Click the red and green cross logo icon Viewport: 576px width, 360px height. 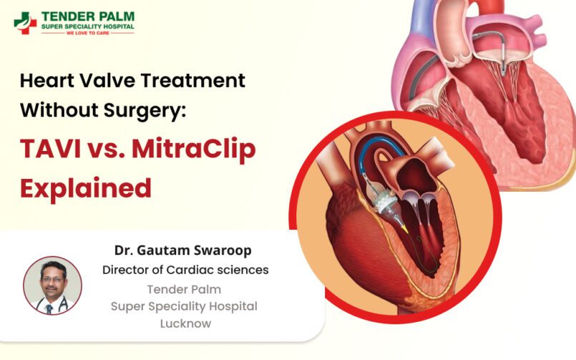coord(25,23)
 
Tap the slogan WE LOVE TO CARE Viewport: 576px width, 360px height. coord(87,33)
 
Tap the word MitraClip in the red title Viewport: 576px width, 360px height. coord(194,150)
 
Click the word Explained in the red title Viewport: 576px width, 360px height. coord(86,188)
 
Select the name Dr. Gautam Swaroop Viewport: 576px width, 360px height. coord(183,250)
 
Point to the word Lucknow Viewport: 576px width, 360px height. coord(185,323)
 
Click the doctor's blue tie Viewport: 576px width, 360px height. coord(49,309)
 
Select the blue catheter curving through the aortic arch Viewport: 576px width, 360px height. coord(383,144)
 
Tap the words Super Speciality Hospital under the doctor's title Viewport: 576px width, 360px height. coord(184,306)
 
